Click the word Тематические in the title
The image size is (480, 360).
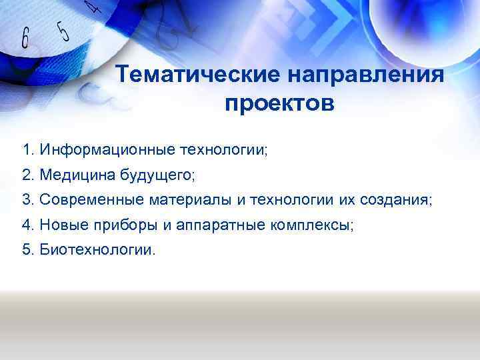pyautogui.click(x=197, y=75)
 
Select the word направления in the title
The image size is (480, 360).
pyautogui.click(x=366, y=75)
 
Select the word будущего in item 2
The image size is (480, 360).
pyautogui.click(x=157, y=175)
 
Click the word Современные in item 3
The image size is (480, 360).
pyautogui.click(x=92, y=200)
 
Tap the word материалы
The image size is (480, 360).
pyautogui.click(x=190, y=200)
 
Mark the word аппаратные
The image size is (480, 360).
pyautogui.click(x=219, y=225)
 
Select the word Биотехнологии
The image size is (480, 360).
pyautogui.click(x=96, y=251)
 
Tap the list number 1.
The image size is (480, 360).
pyautogui.click(x=26, y=148)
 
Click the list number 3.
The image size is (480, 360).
pyautogui.click(x=26, y=200)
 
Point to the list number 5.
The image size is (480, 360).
pyautogui.click(x=26, y=251)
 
